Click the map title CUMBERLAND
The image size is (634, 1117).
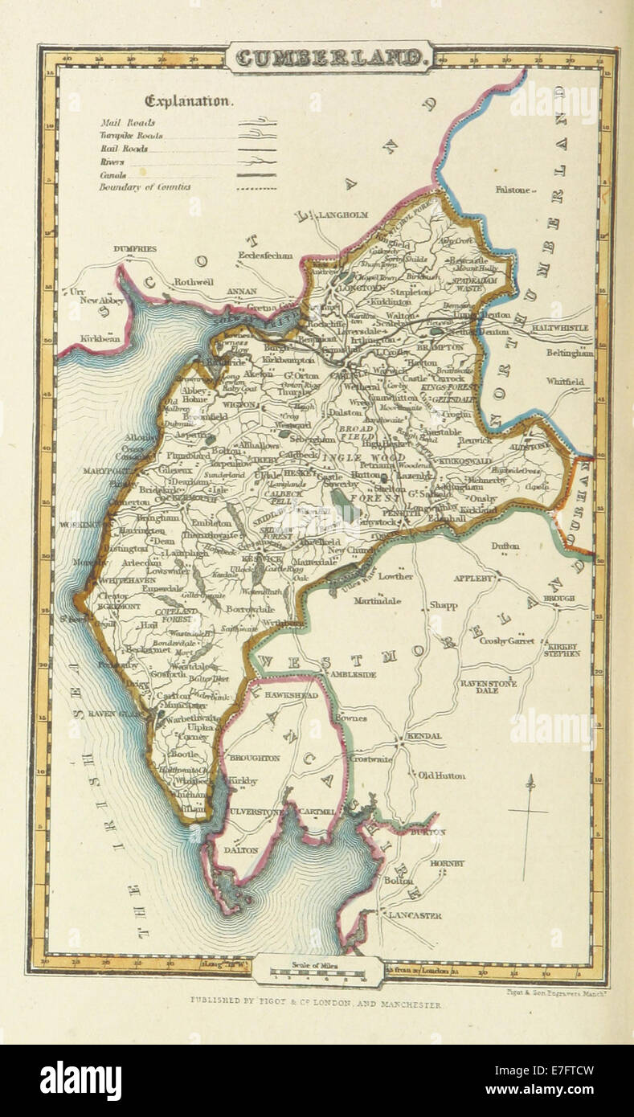(x=331, y=58)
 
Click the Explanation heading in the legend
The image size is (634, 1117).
(x=189, y=101)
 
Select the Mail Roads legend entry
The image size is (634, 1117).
(x=129, y=123)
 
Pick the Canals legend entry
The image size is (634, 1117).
(x=117, y=174)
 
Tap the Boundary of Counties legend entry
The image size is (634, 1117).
(x=145, y=187)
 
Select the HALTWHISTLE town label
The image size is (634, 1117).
(x=557, y=328)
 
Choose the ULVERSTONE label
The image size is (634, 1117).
(x=256, y=812)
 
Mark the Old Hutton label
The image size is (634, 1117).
(x=441, y=775)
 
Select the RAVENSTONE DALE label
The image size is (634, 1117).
(x=487, y=686)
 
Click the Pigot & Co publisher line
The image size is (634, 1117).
(x=315, y=1004)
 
